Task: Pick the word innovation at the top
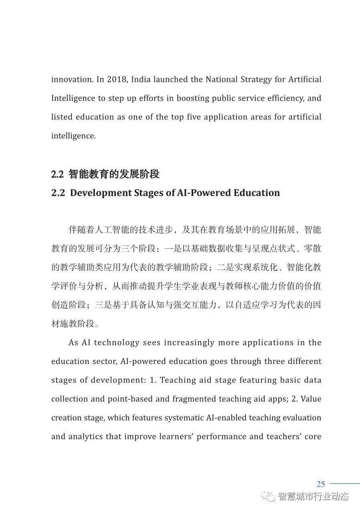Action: [72, 79]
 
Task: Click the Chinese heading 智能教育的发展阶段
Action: [114, 174]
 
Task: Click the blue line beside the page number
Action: [344, 484]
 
